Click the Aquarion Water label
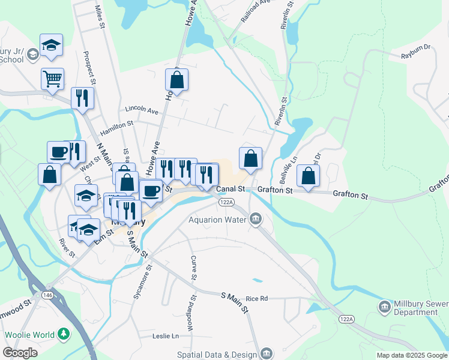217,219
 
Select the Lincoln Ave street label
142,110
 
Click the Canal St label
231,189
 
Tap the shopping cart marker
52,78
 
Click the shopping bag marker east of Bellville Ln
308,175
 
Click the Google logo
20,353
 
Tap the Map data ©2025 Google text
412,355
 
